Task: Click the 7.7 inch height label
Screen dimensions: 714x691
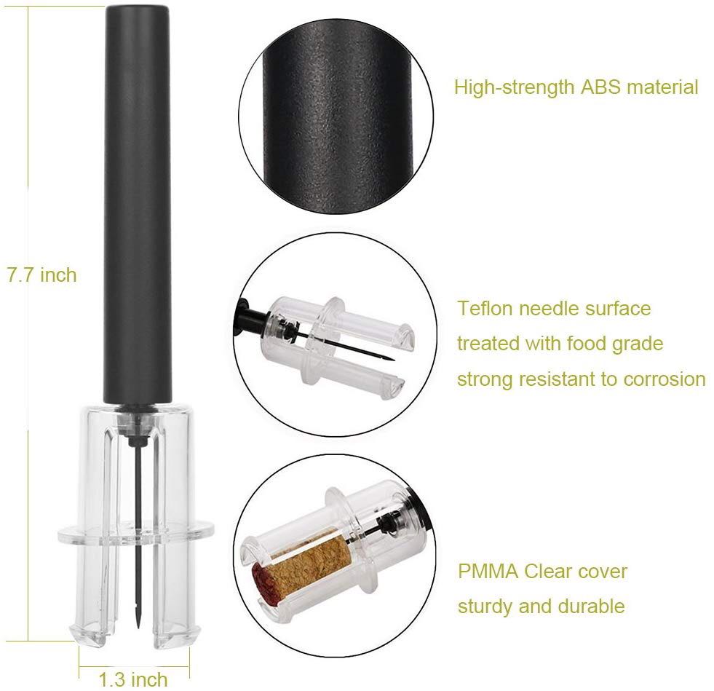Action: (x=41, y=275)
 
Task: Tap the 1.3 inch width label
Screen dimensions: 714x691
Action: (x=133, y=679)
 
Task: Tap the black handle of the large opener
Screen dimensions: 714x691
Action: (x=138, y=205)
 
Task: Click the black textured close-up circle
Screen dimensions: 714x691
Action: (x=336, y=117)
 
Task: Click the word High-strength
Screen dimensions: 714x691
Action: (x=515, y=87)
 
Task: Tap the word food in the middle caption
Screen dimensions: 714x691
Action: (x=586, y=344)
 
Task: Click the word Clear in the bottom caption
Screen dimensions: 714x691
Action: (x=547, y=571)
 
